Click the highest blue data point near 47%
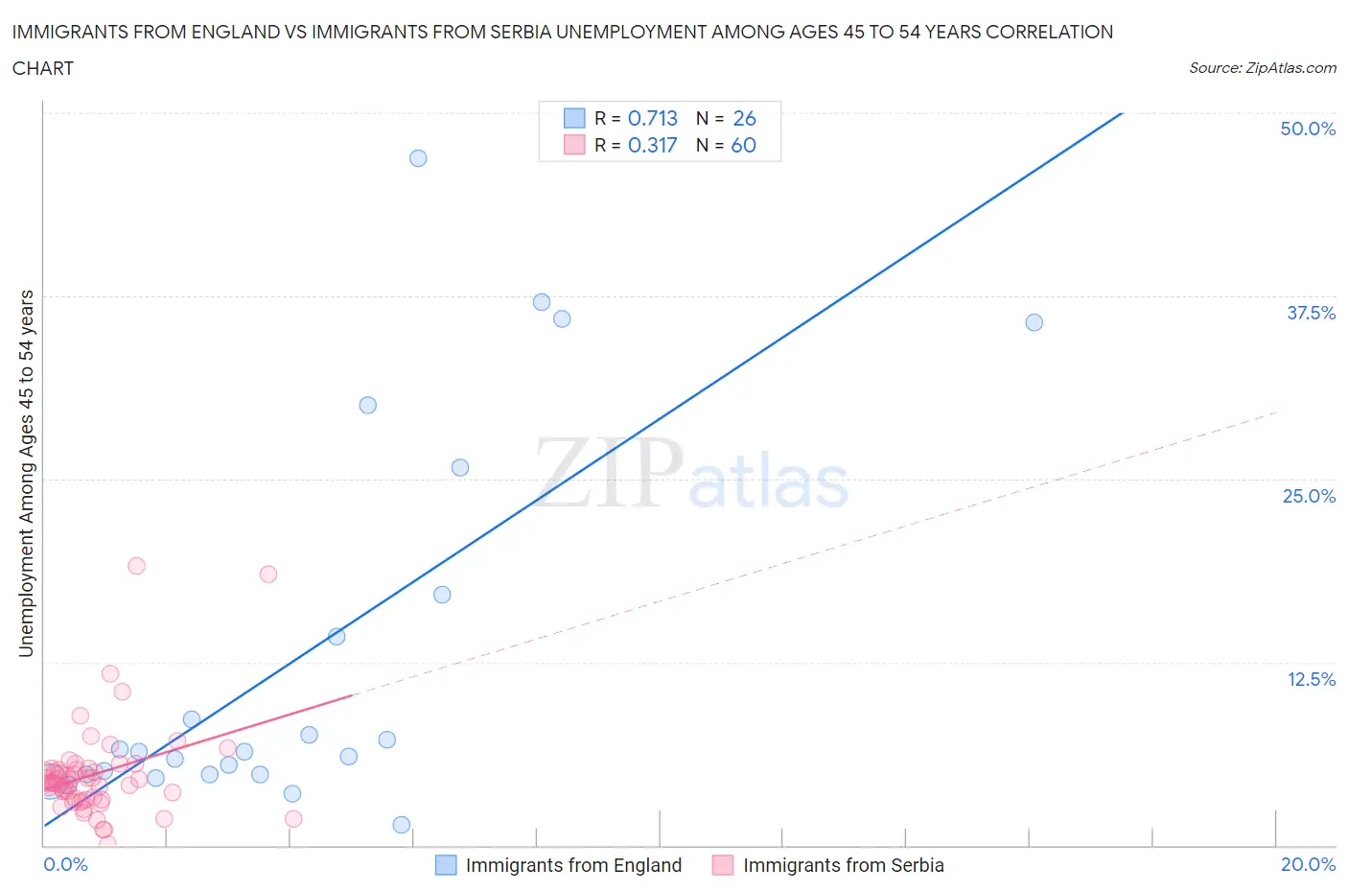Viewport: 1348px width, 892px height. click(418, 158)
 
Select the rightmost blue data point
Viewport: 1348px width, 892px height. click(1034, 322)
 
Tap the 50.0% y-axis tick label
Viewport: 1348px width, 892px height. click(1308, 129)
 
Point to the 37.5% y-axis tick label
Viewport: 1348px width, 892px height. click(1311, 313)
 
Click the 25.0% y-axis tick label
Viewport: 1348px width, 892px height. click(1309, 496)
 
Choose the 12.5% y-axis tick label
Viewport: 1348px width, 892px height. click(1311, 679)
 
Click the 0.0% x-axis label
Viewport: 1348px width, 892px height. click(65, 864)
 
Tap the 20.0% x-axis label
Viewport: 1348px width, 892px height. click(1308, 864)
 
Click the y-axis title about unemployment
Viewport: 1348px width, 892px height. click(26, 473)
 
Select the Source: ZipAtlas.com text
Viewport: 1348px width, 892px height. click(1262, 68)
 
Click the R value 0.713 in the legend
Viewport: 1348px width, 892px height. click(652, 118)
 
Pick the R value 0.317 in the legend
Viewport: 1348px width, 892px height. click(652, 145)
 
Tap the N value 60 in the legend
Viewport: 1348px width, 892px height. click(744, 145)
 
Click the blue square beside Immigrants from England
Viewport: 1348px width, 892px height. click(446, 865)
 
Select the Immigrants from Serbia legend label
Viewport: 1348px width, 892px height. click(843, 865)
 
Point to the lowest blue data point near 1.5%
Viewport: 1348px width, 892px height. click(402, 825)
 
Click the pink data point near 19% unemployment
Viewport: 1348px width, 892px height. click(136, 566)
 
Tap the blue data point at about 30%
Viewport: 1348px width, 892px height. click(367, 405)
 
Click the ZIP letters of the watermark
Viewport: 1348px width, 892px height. click(609, 472)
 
